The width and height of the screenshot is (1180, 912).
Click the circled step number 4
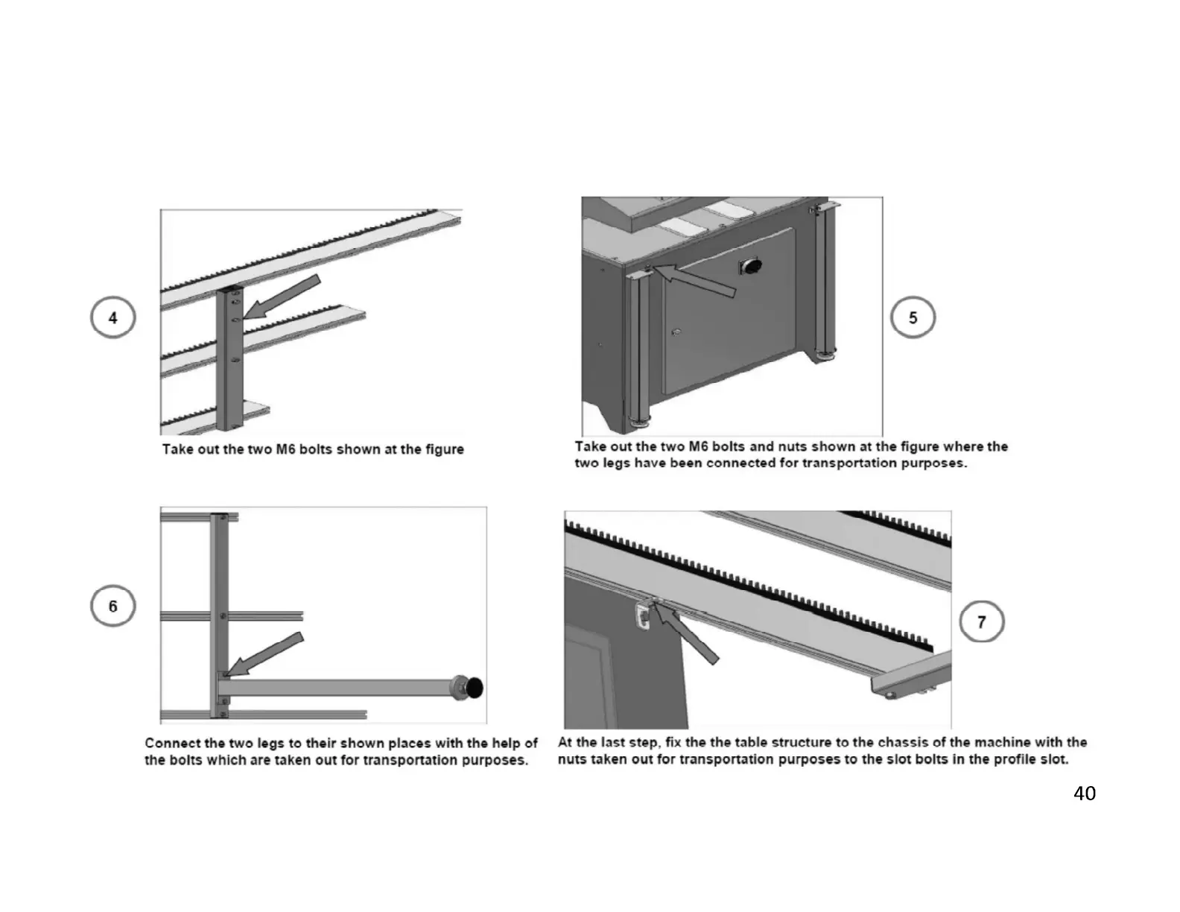click(112, 317)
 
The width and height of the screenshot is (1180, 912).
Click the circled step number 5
click(913, 317)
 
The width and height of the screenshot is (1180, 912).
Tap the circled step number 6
click(112, 606)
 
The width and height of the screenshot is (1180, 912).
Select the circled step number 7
click(981, 621)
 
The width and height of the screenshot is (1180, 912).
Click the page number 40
click(1085, 794)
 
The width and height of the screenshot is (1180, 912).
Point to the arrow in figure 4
click(282, 296)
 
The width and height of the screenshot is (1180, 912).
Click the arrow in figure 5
click(694, 279)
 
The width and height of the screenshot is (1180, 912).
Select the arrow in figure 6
click(264, 654)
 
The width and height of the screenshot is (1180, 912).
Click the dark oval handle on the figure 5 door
click(750, 266)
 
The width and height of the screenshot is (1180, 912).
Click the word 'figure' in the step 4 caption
click(445, 450)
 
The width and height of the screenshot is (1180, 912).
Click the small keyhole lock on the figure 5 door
click(676, 332)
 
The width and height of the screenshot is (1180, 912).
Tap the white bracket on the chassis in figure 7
click(643, 618)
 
